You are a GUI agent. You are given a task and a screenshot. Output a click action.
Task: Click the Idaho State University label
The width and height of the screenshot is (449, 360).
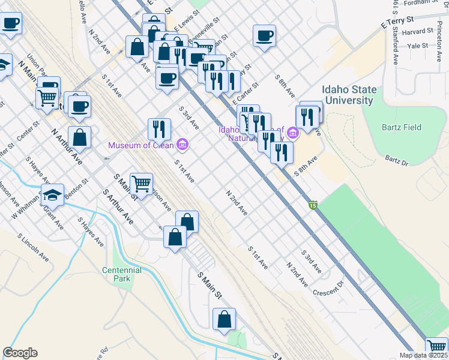349,95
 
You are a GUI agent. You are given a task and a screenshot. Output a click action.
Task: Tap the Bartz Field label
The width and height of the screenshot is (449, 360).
401,127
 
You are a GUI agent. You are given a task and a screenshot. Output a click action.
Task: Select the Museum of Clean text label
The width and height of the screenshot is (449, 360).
141,145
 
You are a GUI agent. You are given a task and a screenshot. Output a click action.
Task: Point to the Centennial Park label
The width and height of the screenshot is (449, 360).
121,275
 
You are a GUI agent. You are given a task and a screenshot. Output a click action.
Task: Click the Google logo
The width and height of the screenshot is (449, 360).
20,353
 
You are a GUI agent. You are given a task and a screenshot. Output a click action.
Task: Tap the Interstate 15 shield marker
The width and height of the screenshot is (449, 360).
313,205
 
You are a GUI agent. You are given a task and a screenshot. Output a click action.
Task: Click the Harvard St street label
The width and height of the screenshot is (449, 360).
418,31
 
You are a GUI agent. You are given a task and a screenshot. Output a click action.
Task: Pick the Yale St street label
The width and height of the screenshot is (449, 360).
417,46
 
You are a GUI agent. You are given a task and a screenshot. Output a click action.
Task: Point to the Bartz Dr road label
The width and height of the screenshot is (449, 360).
396,161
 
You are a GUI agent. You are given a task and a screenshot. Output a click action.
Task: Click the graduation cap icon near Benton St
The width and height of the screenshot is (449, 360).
52,194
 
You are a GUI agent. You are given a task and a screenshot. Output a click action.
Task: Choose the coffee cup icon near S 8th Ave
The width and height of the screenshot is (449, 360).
264,36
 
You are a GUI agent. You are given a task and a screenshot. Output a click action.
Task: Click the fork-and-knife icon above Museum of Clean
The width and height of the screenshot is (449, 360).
159,128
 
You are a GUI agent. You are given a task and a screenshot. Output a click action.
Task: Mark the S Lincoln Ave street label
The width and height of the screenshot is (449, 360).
37,247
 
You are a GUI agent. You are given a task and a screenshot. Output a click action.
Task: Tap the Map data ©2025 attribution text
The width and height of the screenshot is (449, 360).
424,355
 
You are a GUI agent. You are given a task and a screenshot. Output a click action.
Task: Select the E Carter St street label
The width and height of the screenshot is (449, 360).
246,92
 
